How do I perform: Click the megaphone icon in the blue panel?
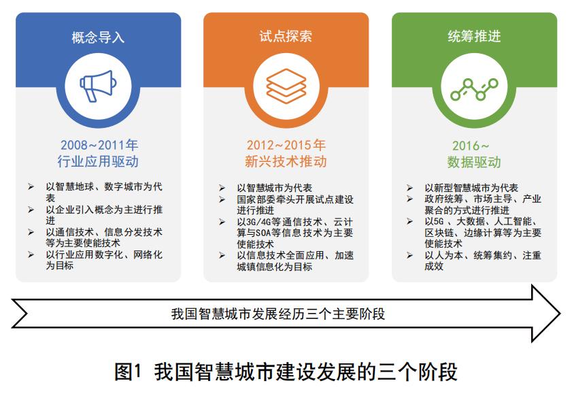pyautogui.click(x=98, y=84)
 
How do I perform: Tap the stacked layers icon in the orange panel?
pyautogui.click(x=286, y=86)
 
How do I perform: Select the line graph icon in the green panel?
pyautogui.click(x=474, y=88)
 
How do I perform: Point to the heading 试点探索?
pyautogui.click(x=286, y=36)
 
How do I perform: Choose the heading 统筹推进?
pyautogui.click(x=474, y=36)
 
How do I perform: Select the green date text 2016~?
pyautogui.click(x=471, y=146)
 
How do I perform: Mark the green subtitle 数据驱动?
pyautogui.click(x=474, y=163)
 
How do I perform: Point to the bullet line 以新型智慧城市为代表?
pyautogui.click(x=471, y=188)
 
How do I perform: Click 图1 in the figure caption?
pyautogui.click(x=127, y=372)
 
